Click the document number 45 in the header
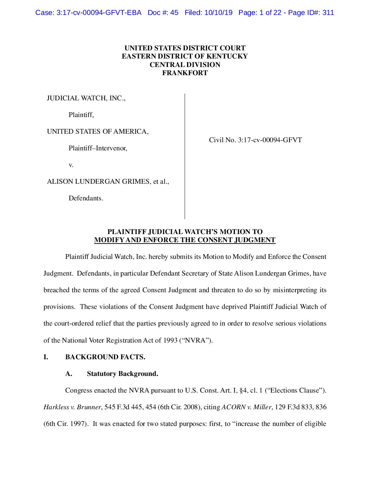(174, 13)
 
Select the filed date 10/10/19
(218, 13)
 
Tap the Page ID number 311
(328, 13)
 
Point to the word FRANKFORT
(185, 73)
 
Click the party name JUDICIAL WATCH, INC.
(86, 98)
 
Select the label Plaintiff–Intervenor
(98, 148)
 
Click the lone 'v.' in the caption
(71, 165)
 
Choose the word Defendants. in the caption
(86, 198)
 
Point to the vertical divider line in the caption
(185, 156)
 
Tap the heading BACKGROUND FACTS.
(105, 357)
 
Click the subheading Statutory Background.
(122, 374)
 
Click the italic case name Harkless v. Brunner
(72, 407)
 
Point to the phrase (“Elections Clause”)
(296, 391)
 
